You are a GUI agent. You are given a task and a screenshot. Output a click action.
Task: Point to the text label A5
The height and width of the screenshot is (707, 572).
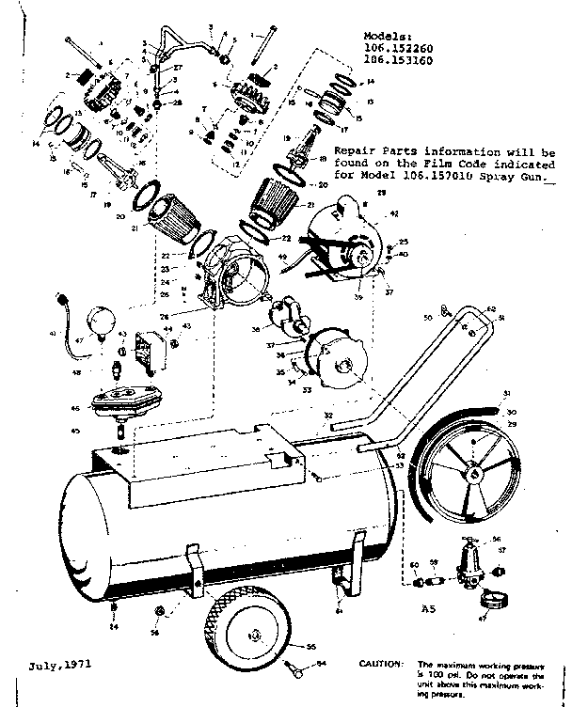(x=428, y=609)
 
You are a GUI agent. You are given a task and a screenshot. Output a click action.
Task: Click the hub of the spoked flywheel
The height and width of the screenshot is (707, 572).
(x=477, y=474)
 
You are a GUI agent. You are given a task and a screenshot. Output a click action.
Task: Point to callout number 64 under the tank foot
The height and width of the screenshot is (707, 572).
(x=339, y=610)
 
